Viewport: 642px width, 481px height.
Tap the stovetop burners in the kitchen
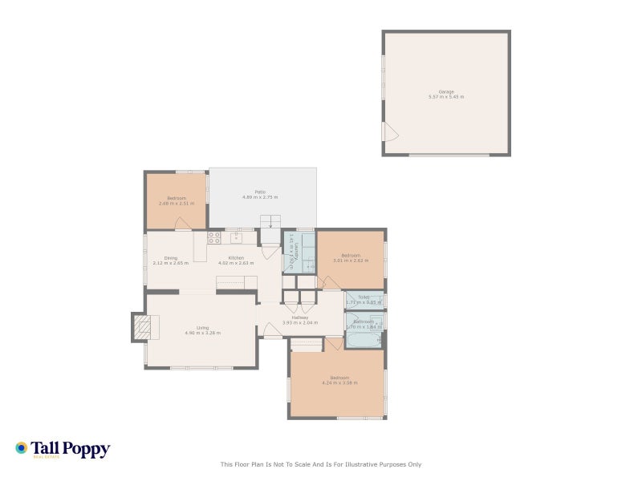[x=214, y=238]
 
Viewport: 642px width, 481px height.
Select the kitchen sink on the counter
[x=237, y=238]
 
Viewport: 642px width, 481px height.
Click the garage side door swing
[x=390, y=132]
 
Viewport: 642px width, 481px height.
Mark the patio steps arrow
[x=271, y=223]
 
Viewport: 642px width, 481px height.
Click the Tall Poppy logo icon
[x=22, y=448]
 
